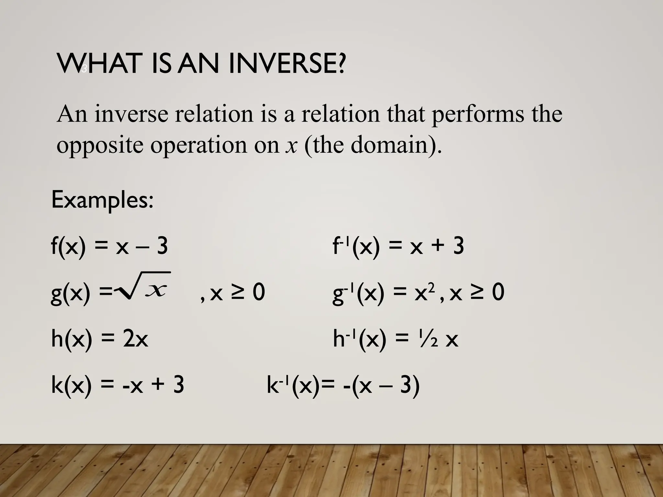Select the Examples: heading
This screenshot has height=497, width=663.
[x=102, y=200]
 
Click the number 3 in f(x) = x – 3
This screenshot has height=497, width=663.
[x=162, y=246]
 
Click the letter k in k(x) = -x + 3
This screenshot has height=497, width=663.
[x=57, y=385]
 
